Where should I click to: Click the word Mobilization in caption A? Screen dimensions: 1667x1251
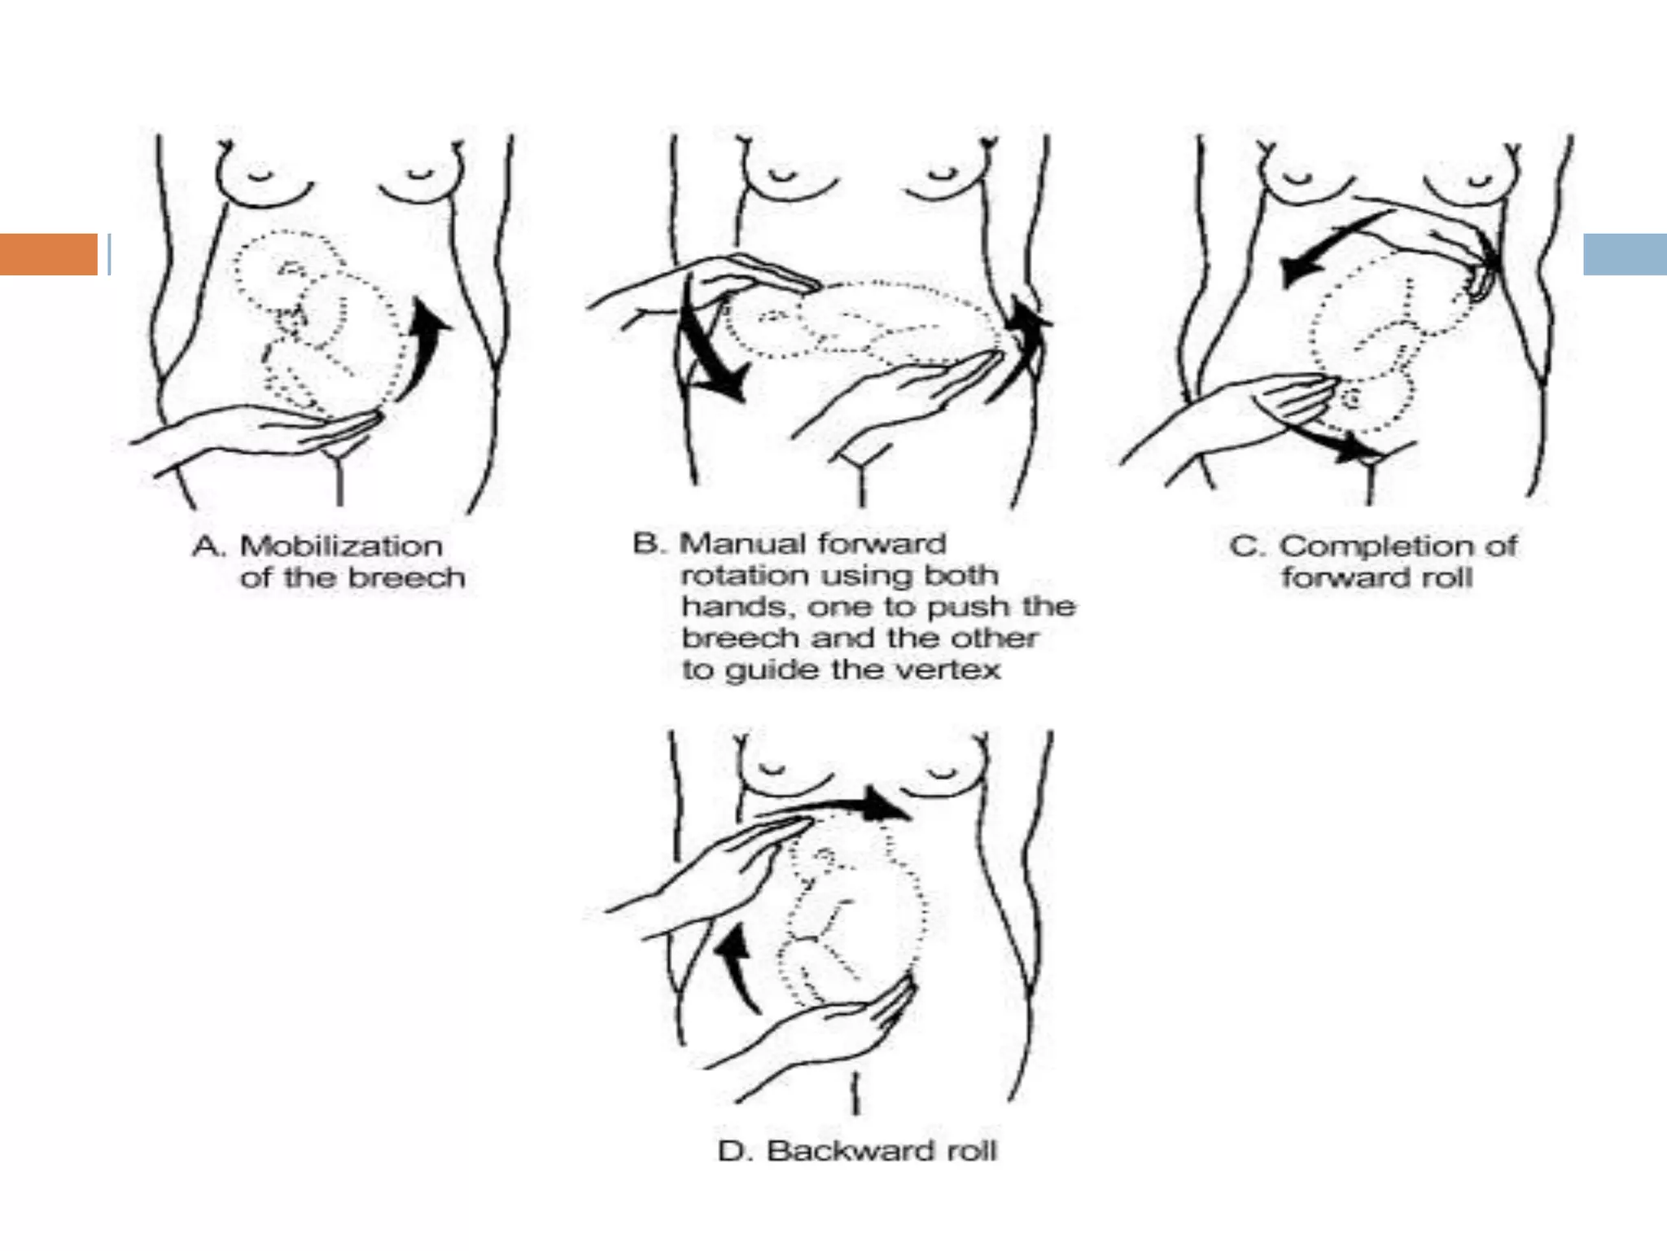pyautogui.click(x=341, y=546)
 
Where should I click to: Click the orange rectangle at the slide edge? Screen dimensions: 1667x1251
pyautogui.click(x=48, y=254)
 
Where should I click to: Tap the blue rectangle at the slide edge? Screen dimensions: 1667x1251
pyautogui.click(x=1625, y=254)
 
